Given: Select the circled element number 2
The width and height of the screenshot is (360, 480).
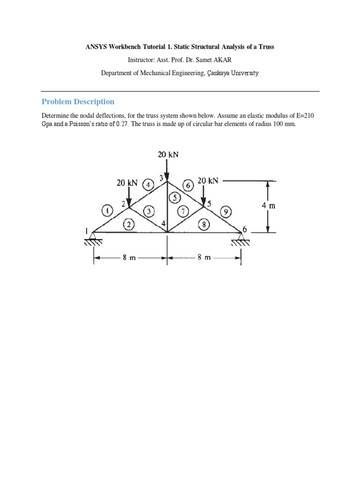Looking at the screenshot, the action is click(128, 224).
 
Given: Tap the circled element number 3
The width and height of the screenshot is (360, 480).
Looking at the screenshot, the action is click(150, 211).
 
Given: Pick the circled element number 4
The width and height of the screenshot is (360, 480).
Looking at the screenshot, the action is click(148, 184).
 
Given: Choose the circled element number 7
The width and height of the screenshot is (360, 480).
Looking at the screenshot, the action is click(185, 211).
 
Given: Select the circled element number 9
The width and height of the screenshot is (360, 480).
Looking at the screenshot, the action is click(226, 211).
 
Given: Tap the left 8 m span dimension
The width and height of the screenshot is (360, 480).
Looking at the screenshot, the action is click(129, 258).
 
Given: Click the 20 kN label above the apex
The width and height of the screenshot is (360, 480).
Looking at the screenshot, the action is click(168, 154).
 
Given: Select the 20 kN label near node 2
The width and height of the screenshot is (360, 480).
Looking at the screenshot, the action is click(127, 183).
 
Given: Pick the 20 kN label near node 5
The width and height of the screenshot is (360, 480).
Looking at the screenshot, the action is click(208, 180).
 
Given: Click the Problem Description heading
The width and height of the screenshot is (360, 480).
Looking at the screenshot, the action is click(78, 102).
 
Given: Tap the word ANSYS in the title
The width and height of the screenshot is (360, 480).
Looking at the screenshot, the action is click(95, 47).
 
